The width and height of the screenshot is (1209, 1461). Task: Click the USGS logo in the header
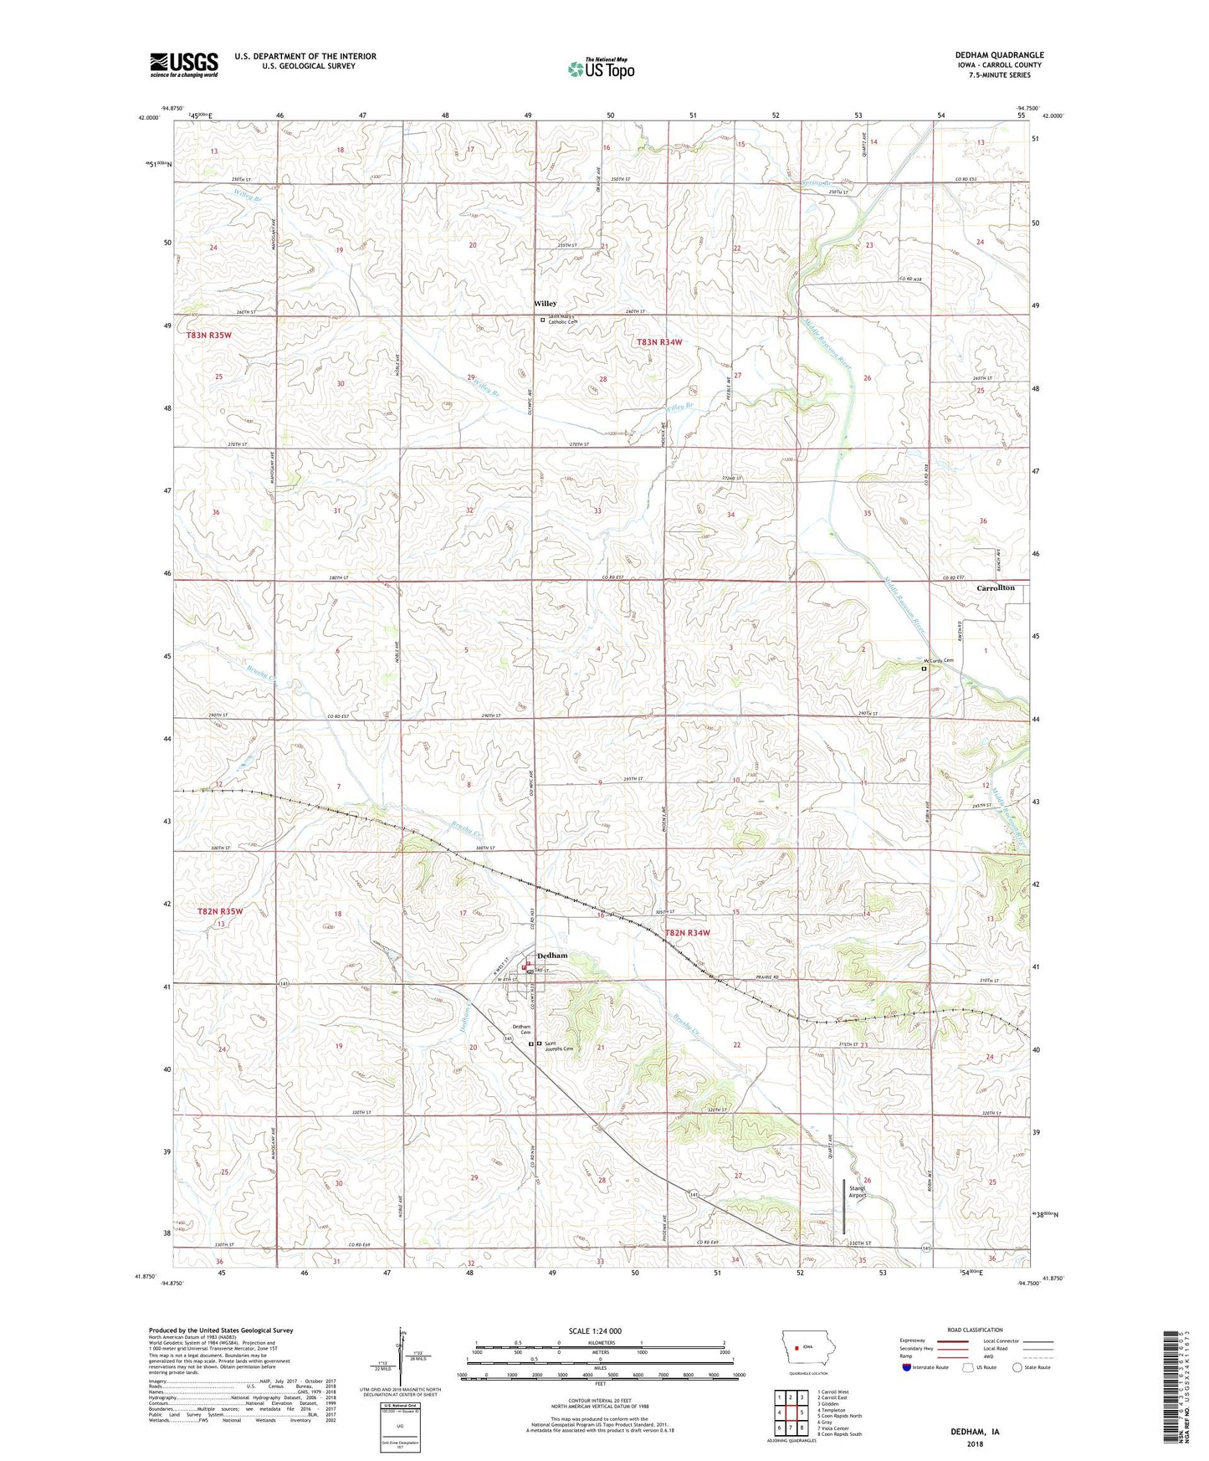(184, 64)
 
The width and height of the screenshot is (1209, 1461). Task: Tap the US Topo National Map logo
(601, 69)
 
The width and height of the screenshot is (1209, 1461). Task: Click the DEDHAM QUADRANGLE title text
(999, 55)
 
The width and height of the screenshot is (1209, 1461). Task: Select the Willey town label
(545, 304)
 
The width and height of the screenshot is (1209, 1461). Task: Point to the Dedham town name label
(552, 955)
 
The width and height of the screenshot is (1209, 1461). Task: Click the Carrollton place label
(996, 587)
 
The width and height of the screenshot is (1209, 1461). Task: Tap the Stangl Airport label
(857, 1191)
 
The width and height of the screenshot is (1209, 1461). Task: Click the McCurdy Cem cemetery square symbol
(924, 669)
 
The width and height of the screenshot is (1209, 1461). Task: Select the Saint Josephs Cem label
(559, 1046)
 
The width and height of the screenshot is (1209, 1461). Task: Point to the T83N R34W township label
(659, 342)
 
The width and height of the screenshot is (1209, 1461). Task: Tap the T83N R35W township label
(209, 335)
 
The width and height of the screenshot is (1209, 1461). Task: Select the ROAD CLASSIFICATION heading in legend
(975, 1330)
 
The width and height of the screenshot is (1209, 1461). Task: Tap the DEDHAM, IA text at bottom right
(975, 1432)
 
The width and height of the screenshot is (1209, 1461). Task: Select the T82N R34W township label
(687, 932)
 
